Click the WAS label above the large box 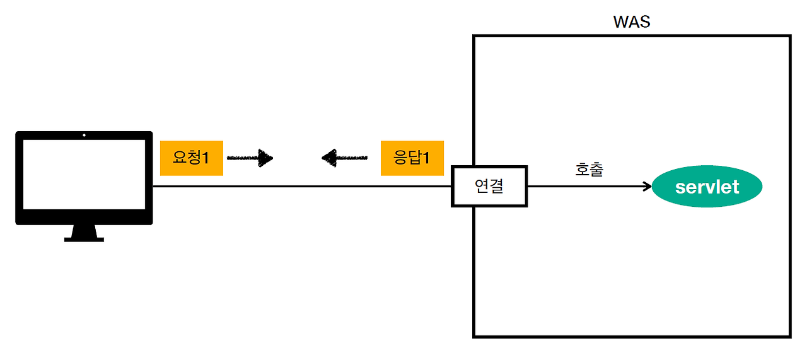coord(632,22)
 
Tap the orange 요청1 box coord(192,158)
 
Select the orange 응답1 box coord(412,158)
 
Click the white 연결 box coord(489,187)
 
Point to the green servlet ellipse coord(707,187)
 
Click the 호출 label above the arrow coord(589,170)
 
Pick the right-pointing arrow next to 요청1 coord(250,158)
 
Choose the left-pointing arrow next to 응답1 coord(344,157)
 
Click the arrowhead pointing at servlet coord(647,187)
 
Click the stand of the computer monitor coord(84,233)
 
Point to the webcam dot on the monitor coord(84,135)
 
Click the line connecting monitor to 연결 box coord(303,187)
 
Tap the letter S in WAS coord(644,22)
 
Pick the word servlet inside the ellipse coord(707,187)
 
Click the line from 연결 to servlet coord(586,187)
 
